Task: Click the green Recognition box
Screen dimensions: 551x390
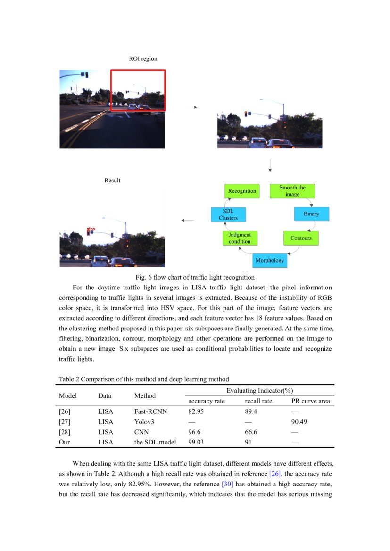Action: tap(242, 191)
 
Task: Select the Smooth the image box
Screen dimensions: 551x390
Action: tap(292, 191)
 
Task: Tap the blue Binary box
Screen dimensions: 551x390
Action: tap(311, 214)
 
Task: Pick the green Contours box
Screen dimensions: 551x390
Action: tap(301, 238)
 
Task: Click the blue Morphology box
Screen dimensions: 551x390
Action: tap(269, 260)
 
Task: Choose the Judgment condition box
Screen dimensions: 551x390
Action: tap(240, 238)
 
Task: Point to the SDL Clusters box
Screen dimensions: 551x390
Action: tap(228, 214)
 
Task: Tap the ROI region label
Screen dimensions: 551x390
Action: tap(143, 59)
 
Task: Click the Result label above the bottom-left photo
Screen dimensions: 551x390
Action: tap(112, 181)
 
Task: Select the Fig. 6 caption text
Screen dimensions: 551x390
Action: tap(195, 277)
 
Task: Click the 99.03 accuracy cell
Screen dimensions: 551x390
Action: tap(197, 442)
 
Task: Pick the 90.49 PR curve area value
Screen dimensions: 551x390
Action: tap(299, 422)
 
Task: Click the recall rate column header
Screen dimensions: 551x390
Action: tap(258, 401)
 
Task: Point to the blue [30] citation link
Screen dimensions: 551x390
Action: tap(227, 484)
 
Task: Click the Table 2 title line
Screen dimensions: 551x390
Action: tap(144, 379)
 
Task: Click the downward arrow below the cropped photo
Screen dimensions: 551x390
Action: tap(270, 164)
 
